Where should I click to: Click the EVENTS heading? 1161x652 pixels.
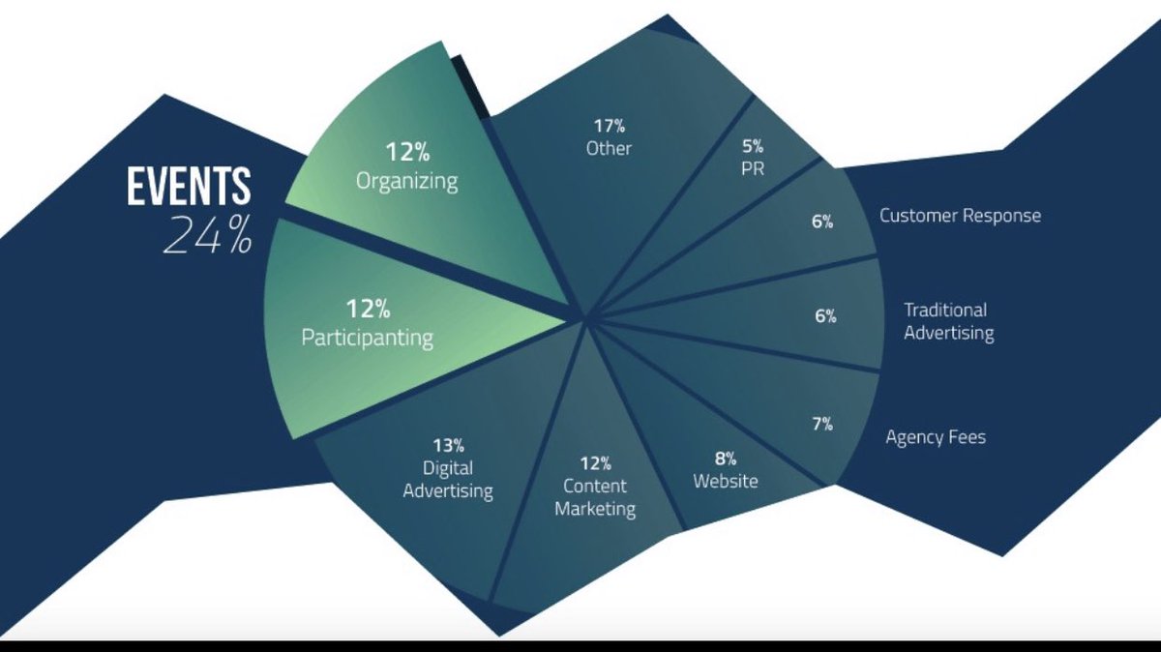189,187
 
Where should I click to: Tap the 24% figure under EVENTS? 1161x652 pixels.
206,234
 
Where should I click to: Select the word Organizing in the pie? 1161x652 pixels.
406,181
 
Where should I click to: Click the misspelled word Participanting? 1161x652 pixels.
367,339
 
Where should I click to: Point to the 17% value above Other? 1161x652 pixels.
609,126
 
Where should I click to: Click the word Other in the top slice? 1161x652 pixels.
609,149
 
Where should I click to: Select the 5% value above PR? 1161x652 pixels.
753,146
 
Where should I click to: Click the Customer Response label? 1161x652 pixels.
960,216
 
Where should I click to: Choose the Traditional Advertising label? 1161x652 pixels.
948,322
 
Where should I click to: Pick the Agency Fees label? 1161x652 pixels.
936,437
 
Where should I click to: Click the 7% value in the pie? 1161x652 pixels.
822,423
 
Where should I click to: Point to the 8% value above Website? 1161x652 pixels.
726,458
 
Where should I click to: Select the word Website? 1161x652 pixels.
726,481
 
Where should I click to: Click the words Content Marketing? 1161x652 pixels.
595,497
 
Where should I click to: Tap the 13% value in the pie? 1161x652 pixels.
448,446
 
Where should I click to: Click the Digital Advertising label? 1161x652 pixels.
448,480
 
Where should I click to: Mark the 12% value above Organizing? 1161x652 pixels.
407,152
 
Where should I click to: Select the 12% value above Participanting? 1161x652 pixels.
368,310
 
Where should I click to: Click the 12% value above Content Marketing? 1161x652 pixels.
595,463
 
